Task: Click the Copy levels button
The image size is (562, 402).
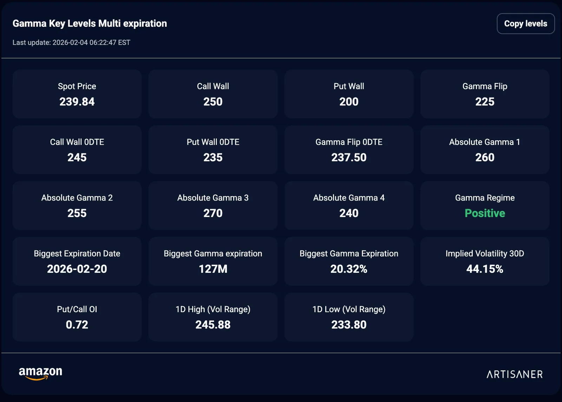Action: coord(525,24)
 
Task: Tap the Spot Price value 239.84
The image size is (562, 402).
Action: coord(77,102)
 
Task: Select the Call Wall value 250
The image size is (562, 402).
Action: coord(213,102)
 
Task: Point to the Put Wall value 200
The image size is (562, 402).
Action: coord(349,102)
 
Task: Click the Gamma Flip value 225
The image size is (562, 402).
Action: coord(485,102)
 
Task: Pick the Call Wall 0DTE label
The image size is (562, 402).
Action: coord(77,142)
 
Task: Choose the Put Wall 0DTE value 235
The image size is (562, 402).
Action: coord(213,158)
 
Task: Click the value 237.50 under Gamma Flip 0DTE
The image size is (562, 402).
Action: coord(349,158)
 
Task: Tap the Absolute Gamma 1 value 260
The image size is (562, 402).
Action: coord(485,158)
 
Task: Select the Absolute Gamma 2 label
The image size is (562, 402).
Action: coord(77,198)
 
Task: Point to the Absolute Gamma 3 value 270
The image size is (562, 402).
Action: coord(213,213)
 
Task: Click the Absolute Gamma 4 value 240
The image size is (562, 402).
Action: coord(349,213)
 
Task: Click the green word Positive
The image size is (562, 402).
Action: coord(485,213)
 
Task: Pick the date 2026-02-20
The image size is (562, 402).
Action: coord(77,269)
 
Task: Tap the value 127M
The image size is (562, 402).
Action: coord(213,269)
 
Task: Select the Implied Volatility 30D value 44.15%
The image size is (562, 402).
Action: coord(485,269)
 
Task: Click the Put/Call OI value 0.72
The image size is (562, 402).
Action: coord(77,324)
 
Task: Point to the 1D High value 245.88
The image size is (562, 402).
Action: coord(213,324)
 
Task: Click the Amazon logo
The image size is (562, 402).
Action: coord(40,374)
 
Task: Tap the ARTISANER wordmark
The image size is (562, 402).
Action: coord(515,374)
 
